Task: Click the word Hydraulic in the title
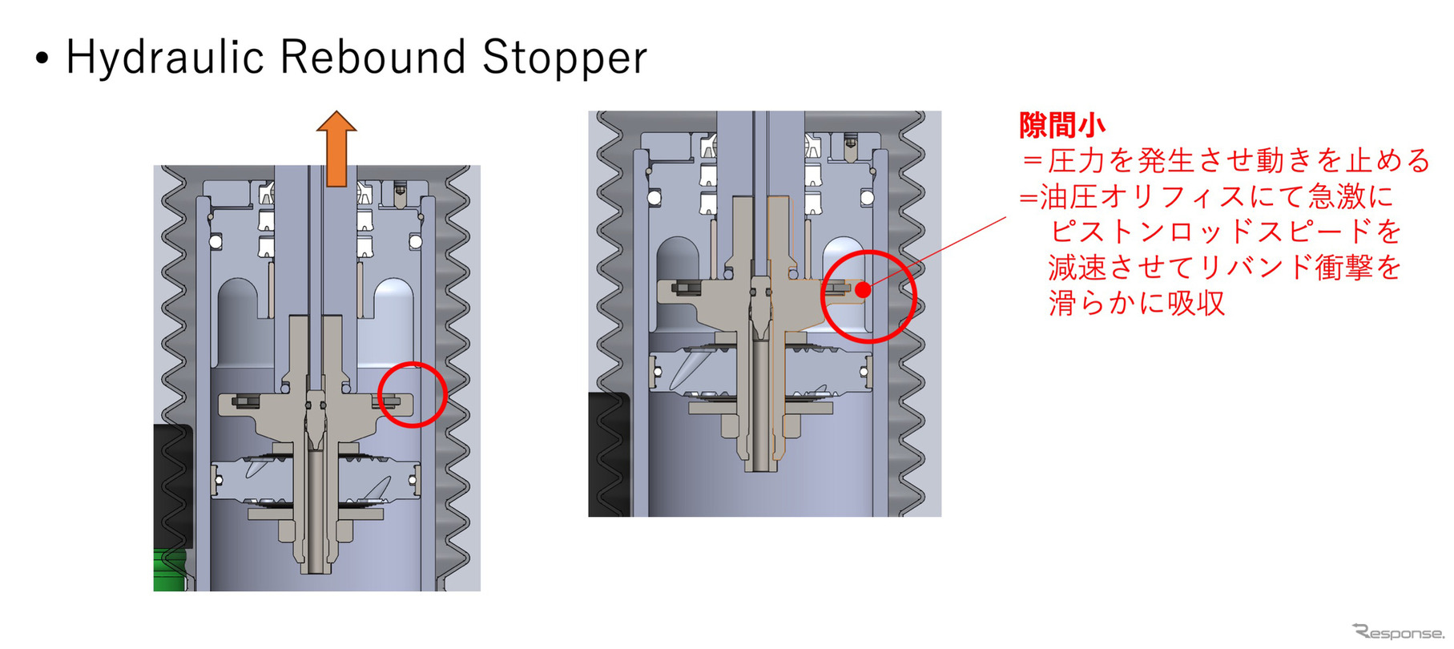pyautogui.click(x=165, y=58)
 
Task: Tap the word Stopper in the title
pyautogui.click(x=565, y=58)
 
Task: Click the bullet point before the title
pyautogui.click(x=42, y=60)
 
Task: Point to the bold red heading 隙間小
pyautogui.click(x=1062, y=125)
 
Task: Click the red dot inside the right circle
pyautogui.click(x=863, y=290)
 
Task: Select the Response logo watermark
pyautogui.click(x=1397, y=631)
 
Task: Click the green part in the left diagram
pyautogui.click(x=170, y=570)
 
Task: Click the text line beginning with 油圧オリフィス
pyautogui.click(x=1207, y=196)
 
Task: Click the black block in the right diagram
pyautogui.click(x=610, y=454)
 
